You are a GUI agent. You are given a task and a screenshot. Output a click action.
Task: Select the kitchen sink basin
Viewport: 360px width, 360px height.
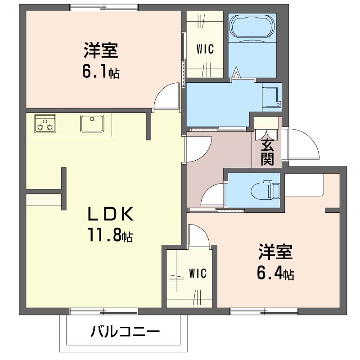click(92, 123)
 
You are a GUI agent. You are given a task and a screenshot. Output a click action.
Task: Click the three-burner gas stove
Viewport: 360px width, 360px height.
click(45, 123)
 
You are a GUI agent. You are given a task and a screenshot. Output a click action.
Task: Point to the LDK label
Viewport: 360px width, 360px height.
click(110, 214)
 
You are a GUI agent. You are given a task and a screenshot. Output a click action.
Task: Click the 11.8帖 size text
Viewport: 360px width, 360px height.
click(110, 234)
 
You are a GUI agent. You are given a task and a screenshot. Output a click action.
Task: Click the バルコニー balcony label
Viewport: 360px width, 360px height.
click(125, 332)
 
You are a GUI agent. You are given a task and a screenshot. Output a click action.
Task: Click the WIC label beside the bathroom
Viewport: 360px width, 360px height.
click(205, 49)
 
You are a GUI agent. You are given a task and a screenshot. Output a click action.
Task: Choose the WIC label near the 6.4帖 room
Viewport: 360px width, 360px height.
click(198, 273)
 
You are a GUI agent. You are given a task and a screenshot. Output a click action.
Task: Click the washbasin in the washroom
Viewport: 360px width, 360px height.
click(272, 97)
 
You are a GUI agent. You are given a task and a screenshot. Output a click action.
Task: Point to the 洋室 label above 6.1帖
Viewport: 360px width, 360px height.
click(101, 50)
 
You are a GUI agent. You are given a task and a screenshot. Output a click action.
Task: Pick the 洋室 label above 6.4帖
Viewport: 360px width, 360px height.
click(275, 252)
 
